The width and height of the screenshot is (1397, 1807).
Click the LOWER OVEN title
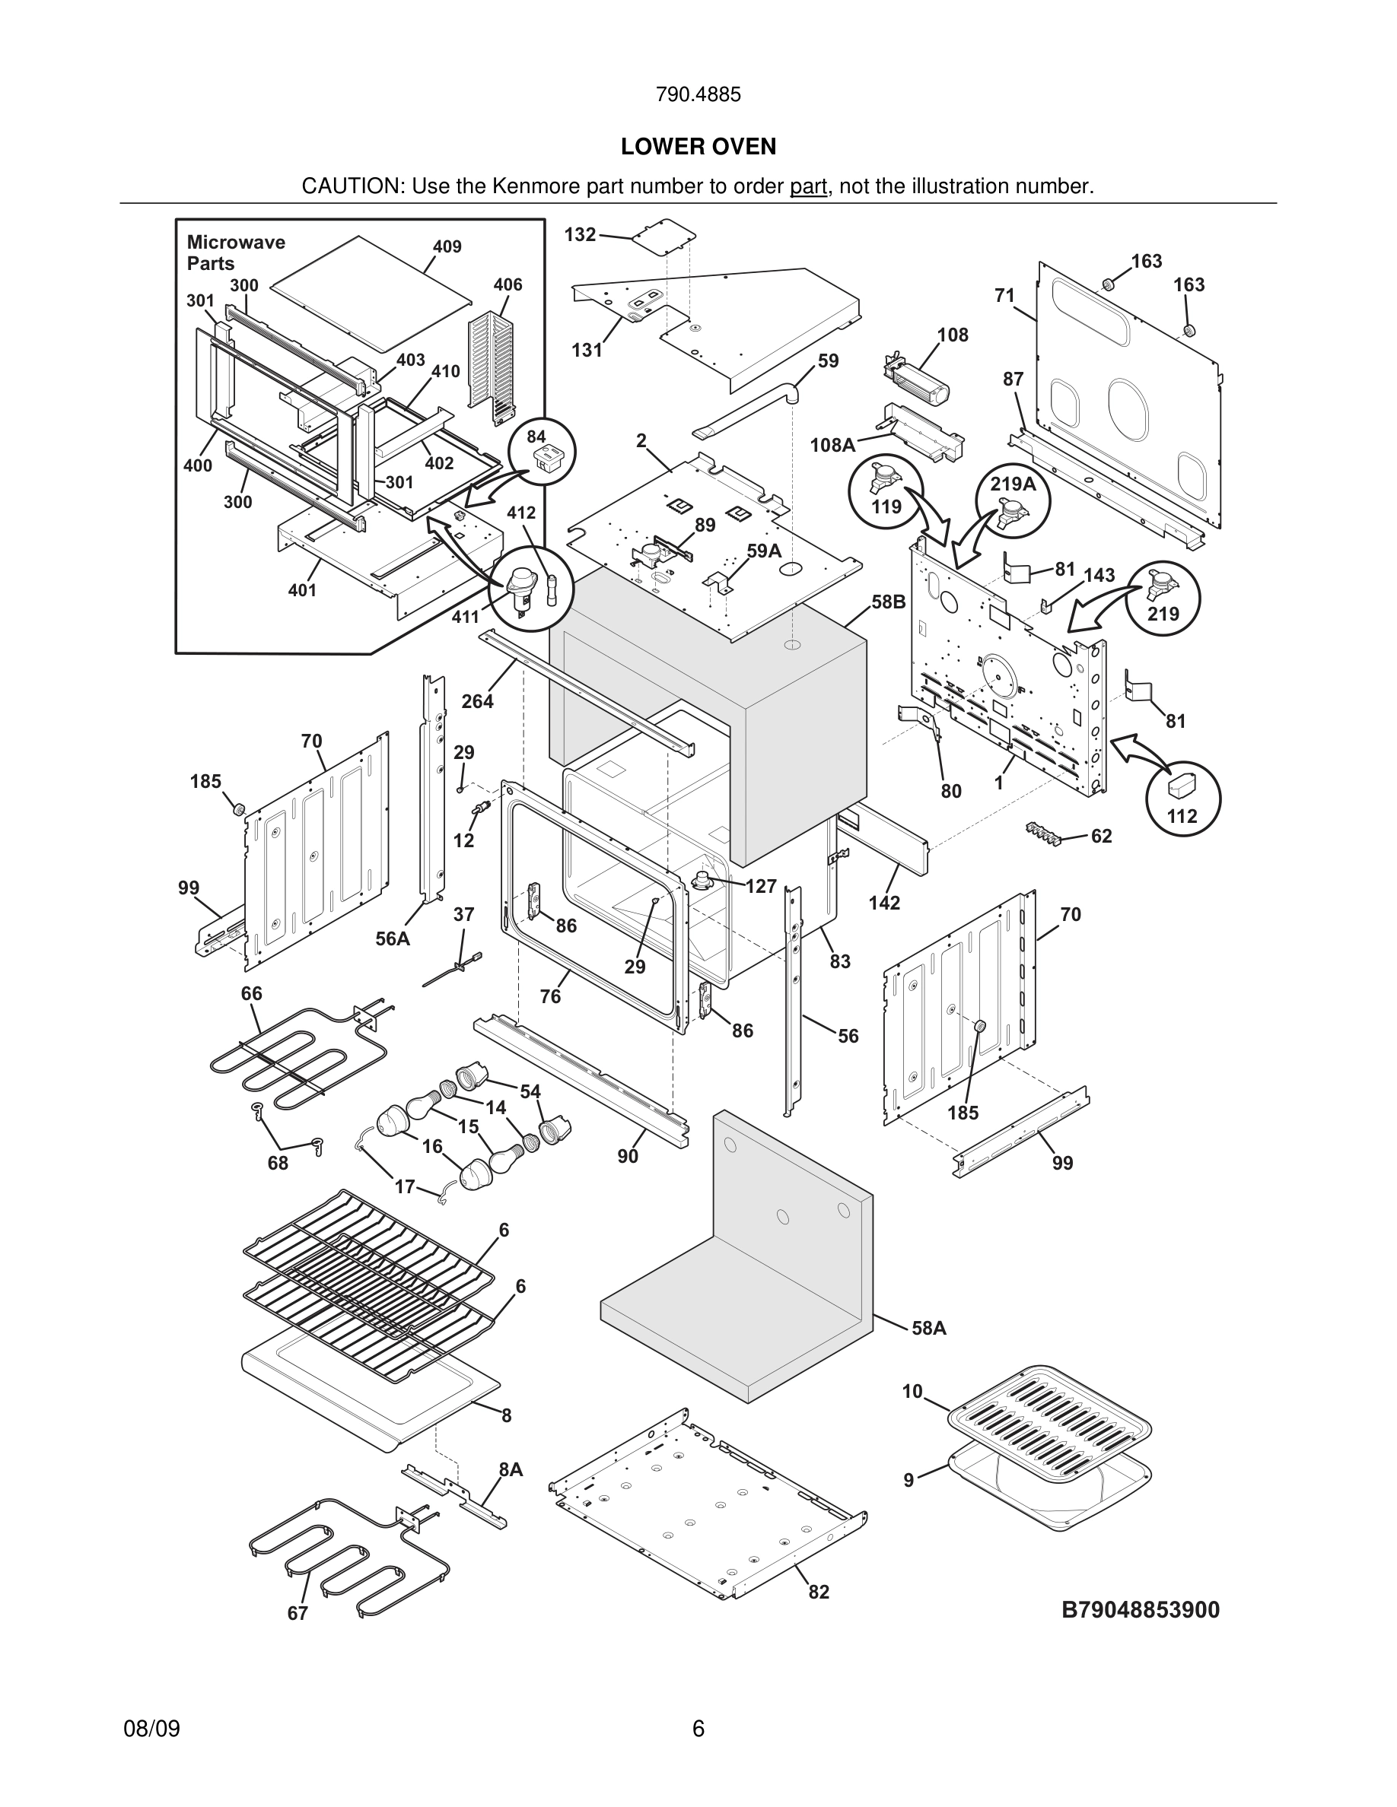(698, 147)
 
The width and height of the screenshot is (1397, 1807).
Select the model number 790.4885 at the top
(698, 94)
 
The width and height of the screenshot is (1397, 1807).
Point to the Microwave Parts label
(235, 252)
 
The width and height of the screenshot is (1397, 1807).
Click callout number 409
(447, 246)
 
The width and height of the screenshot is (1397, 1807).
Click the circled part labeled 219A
(1013, 501)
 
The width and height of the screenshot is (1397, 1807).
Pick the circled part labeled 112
(1182, 797)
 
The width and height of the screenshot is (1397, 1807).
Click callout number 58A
(928, 1328)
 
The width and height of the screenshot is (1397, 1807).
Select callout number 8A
(511, 1469)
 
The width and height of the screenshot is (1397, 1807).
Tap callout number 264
(478, 700)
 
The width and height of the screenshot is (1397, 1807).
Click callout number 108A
(832, 445)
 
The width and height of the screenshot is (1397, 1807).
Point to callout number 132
(580, 234)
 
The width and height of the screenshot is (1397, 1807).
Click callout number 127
(761, 886)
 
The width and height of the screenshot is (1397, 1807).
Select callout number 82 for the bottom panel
(819, 1592)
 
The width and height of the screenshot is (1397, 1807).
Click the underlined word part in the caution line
(808, 186)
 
